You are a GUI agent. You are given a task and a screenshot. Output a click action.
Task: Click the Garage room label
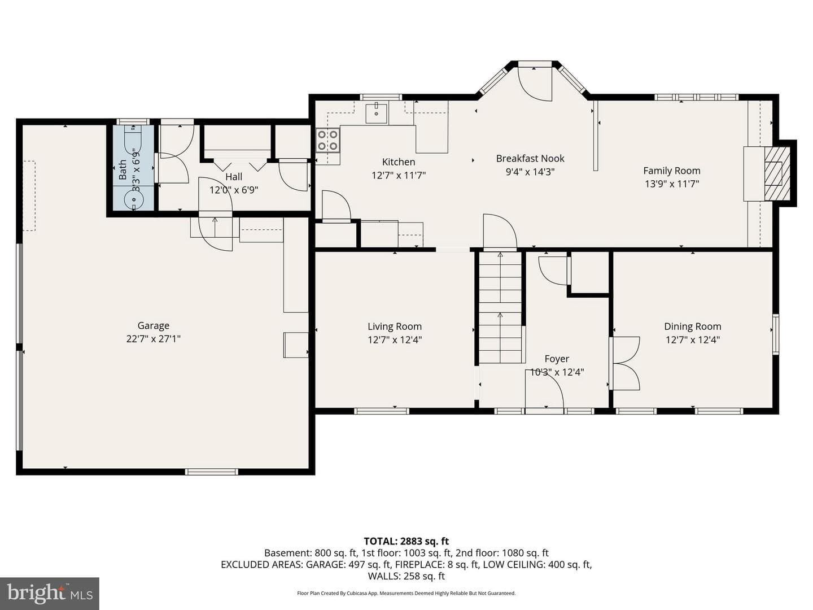(x=154, y=325)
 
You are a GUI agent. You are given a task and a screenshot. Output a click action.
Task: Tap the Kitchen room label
(x=399, y=162)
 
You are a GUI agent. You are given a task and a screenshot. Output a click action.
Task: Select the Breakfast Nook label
(x=530, y=159)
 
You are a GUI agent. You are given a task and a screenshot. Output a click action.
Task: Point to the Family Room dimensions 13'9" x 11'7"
(x=672, y=184)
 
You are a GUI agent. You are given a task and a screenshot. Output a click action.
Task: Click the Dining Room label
(x=693, y=326)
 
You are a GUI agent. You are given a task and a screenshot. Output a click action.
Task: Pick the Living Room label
(x=395, y=326)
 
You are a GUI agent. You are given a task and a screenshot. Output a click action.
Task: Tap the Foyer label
(x=557, y=359)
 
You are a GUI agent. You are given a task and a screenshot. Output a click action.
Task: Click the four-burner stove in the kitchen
(x=328, y=140)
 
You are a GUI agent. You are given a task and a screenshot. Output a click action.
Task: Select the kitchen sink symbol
(x=377, y=113)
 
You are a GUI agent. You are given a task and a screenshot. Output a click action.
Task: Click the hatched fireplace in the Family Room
(x=777, y=174)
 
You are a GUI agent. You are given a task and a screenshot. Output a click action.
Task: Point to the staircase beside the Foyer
(x=500, y=307)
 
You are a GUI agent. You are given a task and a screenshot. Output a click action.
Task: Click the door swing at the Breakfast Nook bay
(x=535, y=84)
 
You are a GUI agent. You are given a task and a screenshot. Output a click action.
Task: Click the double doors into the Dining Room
(x=625, y=363)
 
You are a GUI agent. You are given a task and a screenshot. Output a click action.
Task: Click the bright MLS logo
(x=50, y=593)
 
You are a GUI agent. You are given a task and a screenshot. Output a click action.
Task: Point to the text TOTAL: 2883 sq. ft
(x=406, y=541)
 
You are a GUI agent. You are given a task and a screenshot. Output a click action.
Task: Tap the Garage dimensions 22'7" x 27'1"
(x=154, y=339)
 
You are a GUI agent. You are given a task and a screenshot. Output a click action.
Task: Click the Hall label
(x=234, y=177)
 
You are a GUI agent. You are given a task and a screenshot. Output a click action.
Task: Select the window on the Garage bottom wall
(x=212, y=472)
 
